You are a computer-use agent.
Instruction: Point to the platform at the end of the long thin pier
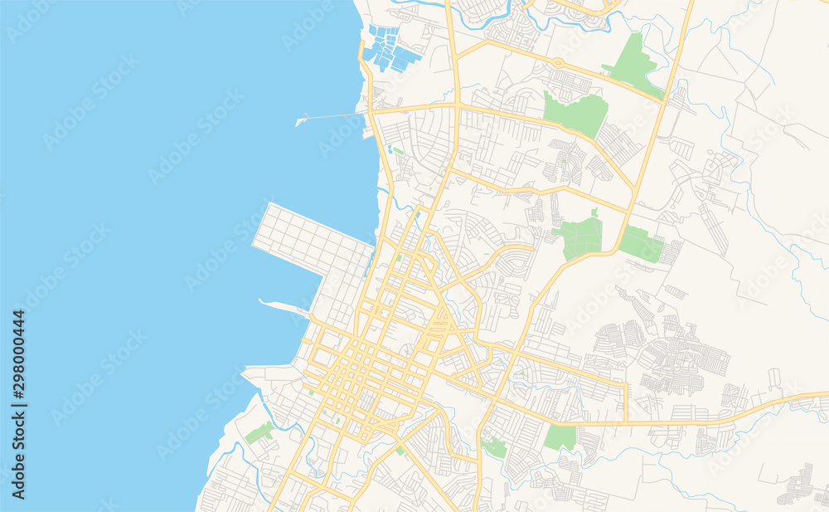tap(300, 122)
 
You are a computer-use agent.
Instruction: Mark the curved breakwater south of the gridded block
tap(282, 306)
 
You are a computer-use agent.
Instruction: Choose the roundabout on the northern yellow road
tap(559, 63)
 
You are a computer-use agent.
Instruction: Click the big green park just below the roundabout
tap(577, 114)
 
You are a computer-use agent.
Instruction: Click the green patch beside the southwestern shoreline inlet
tap(259, 432)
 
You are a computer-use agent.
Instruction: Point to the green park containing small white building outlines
tap(494, 446)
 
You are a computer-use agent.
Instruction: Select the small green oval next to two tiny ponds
tap(398, 151)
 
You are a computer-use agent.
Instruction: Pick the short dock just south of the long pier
tap(368, 131)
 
